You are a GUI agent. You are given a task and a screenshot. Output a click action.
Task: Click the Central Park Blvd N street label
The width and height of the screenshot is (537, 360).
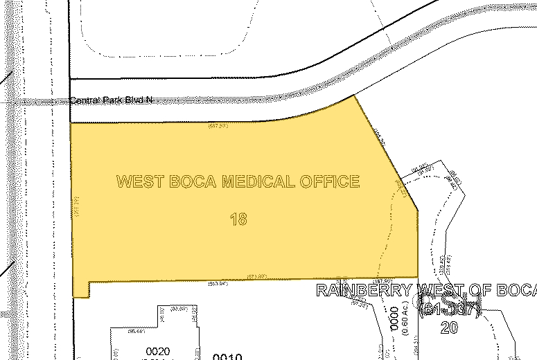(110, 100)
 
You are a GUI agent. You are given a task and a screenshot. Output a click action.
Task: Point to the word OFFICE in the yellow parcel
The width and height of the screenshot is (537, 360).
(331, 182)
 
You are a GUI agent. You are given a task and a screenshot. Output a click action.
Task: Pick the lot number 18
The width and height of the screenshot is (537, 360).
(238, 219)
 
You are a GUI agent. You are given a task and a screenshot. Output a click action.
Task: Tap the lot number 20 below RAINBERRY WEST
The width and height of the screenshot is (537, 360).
(450, 327)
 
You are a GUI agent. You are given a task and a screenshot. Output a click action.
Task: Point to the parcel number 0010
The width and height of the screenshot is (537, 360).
(227, 357)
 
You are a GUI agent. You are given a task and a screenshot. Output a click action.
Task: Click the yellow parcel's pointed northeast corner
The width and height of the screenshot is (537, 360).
(355, 96)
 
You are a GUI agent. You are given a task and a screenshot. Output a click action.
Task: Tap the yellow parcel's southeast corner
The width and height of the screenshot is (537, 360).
(419, 276)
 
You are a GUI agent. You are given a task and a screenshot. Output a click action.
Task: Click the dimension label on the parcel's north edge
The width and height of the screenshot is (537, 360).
(219, 126)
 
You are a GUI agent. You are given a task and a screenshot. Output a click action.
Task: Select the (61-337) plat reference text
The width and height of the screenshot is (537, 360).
(450, 309)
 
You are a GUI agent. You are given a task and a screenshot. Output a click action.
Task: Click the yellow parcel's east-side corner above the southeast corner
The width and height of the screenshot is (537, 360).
(418, 210)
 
